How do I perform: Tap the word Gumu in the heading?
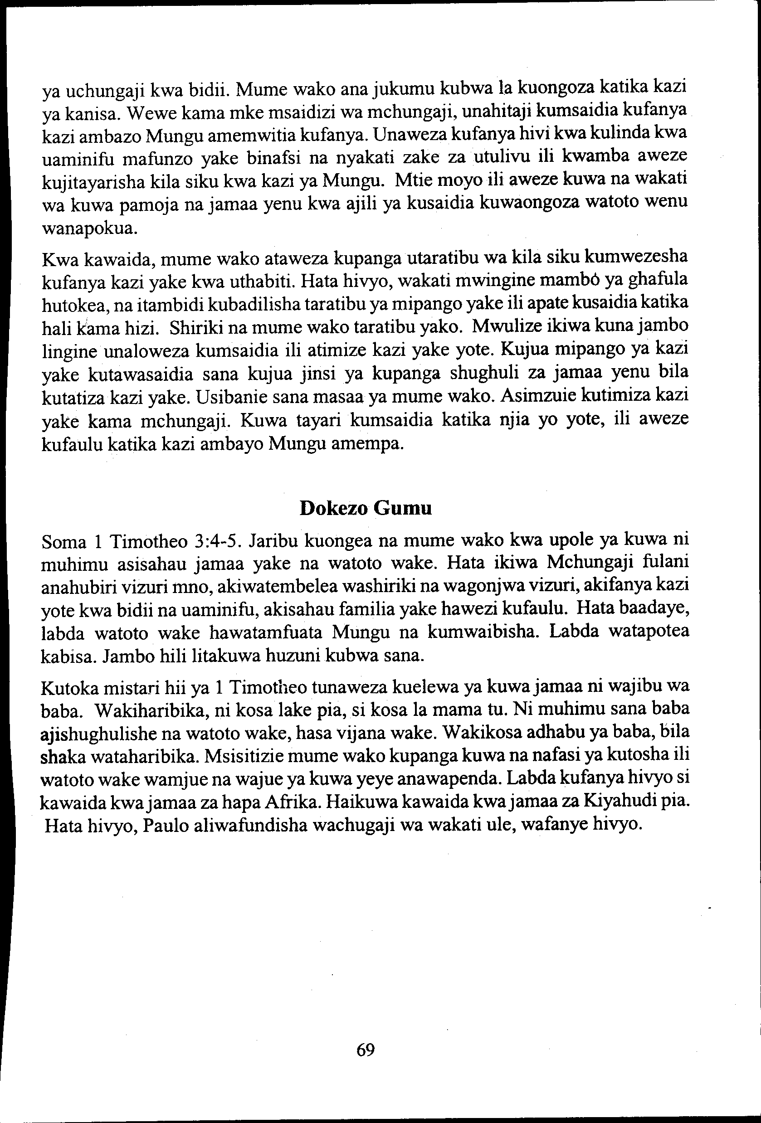click(x=403, y=508)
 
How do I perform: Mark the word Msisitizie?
click(x=244, y=756)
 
